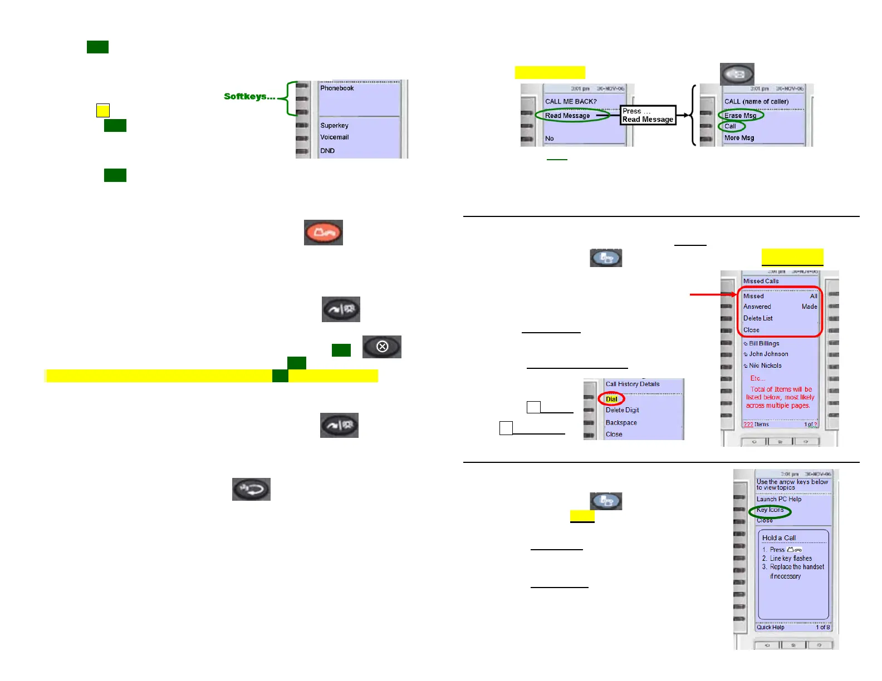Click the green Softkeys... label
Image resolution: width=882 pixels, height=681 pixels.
click(x=249, y=96)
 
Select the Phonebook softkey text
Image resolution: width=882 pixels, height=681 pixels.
click(x=337, y=88)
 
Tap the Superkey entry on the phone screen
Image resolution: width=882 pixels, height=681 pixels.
click(x=334, y=126)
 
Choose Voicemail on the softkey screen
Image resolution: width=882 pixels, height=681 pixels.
click(x=334, y=137)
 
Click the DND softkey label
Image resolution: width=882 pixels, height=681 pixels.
click(x=327, y=151)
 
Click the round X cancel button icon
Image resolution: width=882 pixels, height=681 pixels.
click(x=382, y=347)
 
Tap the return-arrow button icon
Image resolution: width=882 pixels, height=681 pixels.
click(x=251, y=489)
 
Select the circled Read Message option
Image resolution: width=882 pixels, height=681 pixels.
click(x=567, y=116)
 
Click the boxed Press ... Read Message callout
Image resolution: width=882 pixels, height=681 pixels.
click(x=648, y=115)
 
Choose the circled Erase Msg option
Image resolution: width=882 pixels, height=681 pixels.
click(x=740, y=116)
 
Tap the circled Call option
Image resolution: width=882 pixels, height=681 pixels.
click(x=730, y=126)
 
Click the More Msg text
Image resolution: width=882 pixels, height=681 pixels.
click(x=739, y=138)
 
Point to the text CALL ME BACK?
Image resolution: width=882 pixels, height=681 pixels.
click(x=571, y=102)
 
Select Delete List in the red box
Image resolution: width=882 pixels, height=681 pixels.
click(x=758, y=318)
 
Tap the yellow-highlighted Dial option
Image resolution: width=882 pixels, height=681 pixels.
click(x=611, y=399)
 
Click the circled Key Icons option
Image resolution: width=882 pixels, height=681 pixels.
click(x=770, y=510)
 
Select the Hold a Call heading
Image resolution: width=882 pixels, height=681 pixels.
click(x=779, y=538)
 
